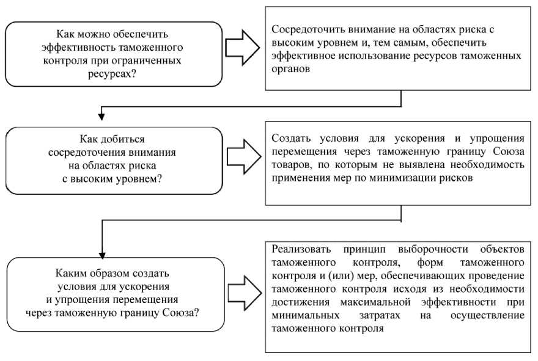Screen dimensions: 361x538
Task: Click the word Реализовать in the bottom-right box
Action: pos(301,250)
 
